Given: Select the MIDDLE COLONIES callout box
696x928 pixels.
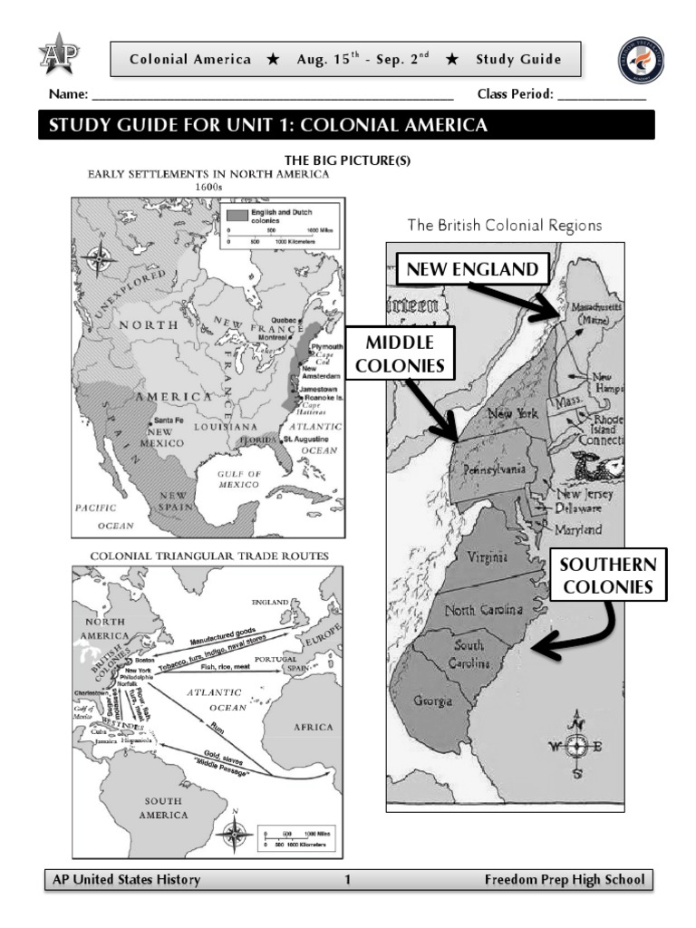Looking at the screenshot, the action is coord(400,353).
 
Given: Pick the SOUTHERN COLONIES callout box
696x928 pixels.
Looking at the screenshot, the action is coord(607,576).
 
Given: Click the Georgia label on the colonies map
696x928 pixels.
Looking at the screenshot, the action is coord(433,701).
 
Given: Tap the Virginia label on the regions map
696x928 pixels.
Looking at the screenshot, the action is coord(487,557).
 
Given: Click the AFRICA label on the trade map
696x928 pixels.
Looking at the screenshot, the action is coord(313,727).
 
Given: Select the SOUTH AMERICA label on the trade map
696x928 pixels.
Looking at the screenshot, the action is coord(163,807).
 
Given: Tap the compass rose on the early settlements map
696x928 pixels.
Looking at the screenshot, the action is coord(101,258).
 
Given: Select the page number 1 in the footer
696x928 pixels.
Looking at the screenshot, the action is coord(347,879).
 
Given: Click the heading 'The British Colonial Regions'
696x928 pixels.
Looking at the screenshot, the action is coord(505,226).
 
